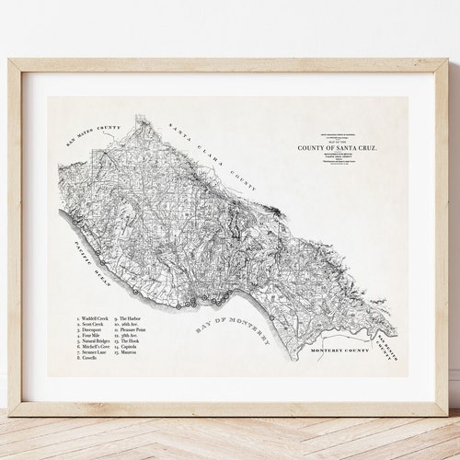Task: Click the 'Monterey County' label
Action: tap(339, 351)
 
